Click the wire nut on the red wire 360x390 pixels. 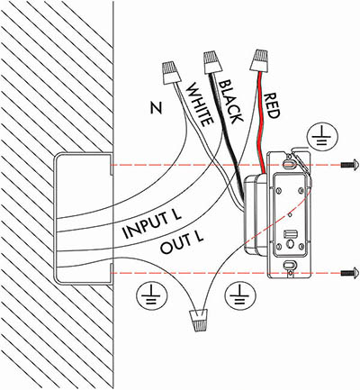pos(260,60)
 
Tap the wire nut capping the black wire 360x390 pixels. pos(213,62)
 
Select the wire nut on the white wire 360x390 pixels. pos(172,73)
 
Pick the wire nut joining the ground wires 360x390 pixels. pos(199,320)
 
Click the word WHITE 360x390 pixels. pos(200,104)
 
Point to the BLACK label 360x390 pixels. pos(229,102)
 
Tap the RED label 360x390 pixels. pos(271,105)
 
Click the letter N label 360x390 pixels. pos(156,108)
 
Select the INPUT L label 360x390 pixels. pos(152,224)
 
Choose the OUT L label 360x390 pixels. pos(182,243)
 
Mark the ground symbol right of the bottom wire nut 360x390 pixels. pos(239,295)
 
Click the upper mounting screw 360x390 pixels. pos(349,165)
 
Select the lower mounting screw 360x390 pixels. pos(349,273)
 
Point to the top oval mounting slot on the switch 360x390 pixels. pos(289,164)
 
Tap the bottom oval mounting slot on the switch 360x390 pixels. pos(289,264)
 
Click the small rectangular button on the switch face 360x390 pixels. pos(289,233)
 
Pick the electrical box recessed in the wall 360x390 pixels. pos(84,218)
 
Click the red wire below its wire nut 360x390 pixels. pos(260,120)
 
